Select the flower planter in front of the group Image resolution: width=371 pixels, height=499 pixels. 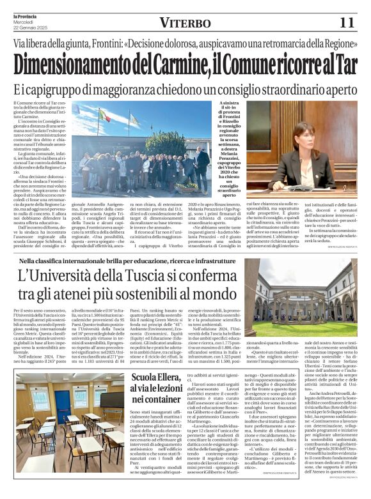(x=187, y=187)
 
